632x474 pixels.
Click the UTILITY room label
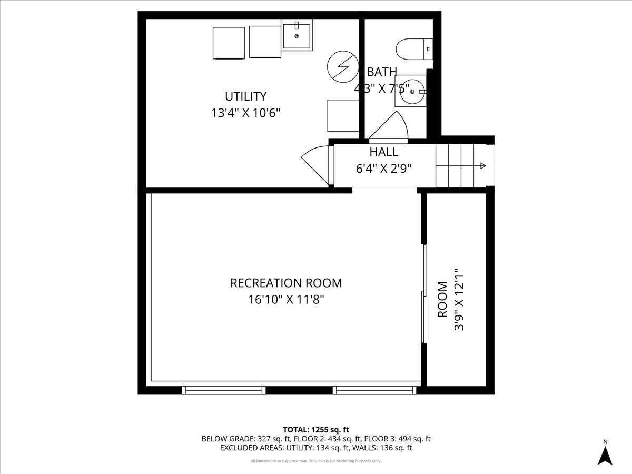click(x=245, y=96)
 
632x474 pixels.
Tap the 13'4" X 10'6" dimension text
click(x=245, y=113)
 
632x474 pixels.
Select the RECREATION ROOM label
click(x=286, y=283)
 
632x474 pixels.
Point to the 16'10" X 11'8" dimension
click(x=286, y=300)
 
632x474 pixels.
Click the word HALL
click(x=383, y=152)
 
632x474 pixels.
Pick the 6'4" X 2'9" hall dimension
click(x=383, y=169)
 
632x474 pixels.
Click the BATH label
click(x=382, y=72)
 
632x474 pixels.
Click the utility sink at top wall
click(x=297, y=35)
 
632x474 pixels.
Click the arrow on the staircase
click(x=481, y=166)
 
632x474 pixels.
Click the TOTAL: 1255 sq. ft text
click(x=316, y=429)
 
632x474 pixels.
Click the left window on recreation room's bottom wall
click(x=224, y=390)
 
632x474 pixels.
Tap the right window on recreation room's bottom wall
click(x=374, y=390)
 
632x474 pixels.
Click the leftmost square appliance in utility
click(x=228, y=43)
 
